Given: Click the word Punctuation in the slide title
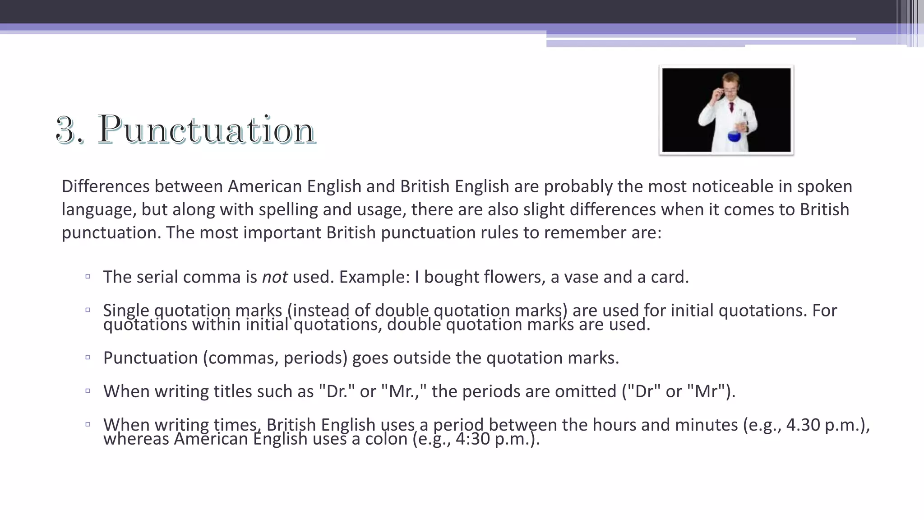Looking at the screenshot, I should click(x=207, y=130).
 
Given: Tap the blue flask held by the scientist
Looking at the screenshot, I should click(x=734, y=135).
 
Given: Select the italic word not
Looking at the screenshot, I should click(x=274, y=277).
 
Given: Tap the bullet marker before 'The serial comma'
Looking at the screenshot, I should click(x=88, y=276).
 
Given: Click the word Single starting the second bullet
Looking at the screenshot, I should click(x=126, y=311).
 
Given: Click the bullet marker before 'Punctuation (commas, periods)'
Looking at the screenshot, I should click(x=88, y=357).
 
